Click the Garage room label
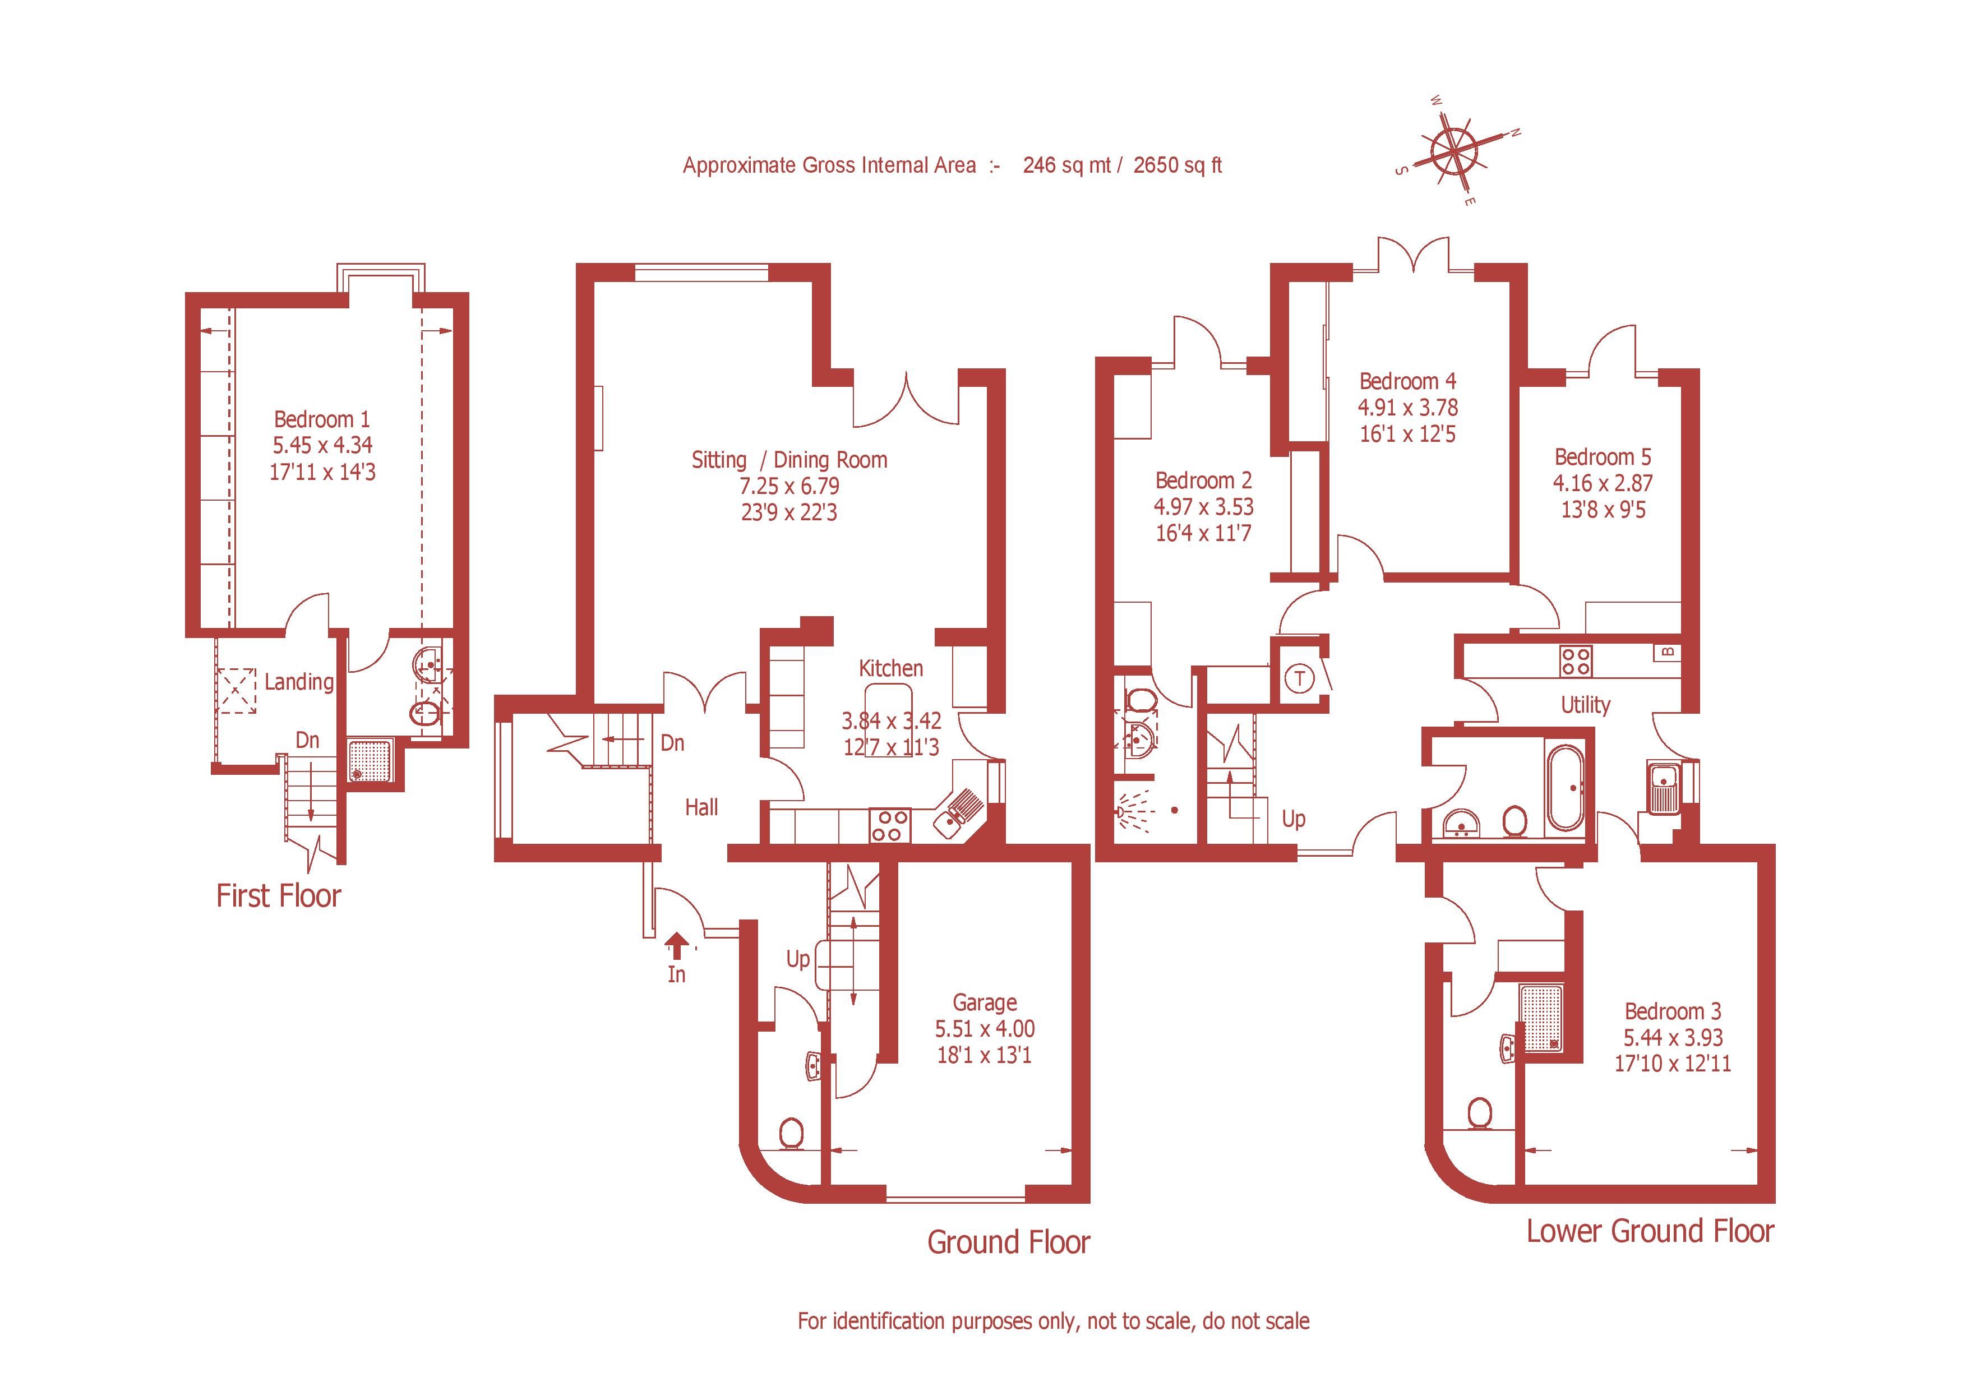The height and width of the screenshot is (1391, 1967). click(985, 1002)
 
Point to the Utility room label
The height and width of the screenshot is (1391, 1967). click(1585, 705)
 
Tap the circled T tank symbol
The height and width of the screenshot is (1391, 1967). click(1300, 679)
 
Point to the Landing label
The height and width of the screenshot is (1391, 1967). click(299, 682)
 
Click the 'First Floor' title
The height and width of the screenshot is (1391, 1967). click(279, 896)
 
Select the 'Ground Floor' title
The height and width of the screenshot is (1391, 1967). click(1008, 1242)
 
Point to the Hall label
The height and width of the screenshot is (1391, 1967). click(701, 807)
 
